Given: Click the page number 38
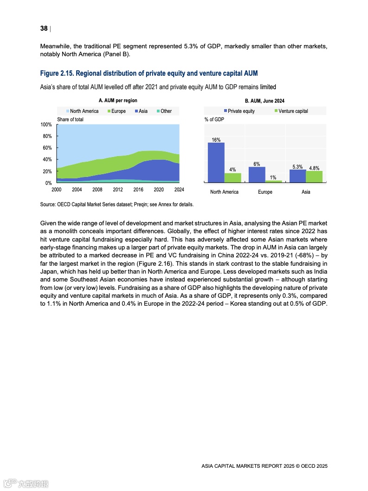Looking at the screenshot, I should coord(44,29).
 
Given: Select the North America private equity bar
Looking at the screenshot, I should coord(216,162).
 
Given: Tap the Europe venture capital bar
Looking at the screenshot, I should coord(274,181).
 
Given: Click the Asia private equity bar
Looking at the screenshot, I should coord(297,176).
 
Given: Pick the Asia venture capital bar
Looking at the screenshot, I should coord(314,177).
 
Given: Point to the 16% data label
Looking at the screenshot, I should coord(216,139).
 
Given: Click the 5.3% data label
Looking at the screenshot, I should coord(297,166).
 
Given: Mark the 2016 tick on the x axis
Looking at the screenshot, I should coord(138,190).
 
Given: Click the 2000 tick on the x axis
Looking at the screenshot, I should coord(57,190).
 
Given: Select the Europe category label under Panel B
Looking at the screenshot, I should coord(265,192).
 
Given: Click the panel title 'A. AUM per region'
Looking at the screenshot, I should coord(118,101).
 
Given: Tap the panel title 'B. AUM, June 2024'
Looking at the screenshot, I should coord(265,101).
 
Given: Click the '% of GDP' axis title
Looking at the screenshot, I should coord(214,119).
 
